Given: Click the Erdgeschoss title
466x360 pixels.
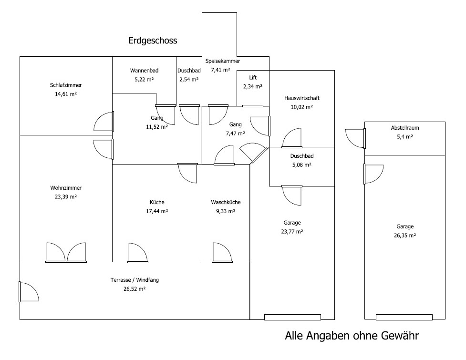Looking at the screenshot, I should pyautogui.click(x=153, y=41).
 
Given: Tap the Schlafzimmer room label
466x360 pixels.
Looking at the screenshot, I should pyautogui.click(x=66, y=85).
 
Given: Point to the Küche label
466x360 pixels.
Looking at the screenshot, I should pyautogui.click(x=156, y=202).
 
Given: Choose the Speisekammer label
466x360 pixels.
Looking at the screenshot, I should pyautogui.click(x=223, y=61).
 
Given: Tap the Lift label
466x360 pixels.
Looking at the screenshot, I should pyautogui.click(x=253, y=77).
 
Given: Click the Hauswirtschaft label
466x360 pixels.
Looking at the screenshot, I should pyautogui.click(x=301, y=98).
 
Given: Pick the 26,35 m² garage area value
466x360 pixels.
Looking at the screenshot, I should pyautogui.click(x=405, y=235).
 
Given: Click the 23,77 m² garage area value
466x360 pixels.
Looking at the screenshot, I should pyautogui.click(x=292, y=231).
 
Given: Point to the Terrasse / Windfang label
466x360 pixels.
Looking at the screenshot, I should pyautogui.click(x=135, y=280).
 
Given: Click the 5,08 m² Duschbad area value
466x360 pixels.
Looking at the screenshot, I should pyautogui.click(x=301, y=165).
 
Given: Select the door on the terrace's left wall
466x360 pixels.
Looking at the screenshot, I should pyautogui.click(x=28, y=292).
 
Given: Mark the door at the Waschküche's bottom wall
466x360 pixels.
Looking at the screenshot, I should pyautogui.click(x=221, y=253).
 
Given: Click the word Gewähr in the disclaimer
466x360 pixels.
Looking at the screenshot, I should pyautogui.click(x=400, y=336).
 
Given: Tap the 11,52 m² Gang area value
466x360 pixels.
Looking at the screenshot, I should pyautogui.click(x=157, y=127).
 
